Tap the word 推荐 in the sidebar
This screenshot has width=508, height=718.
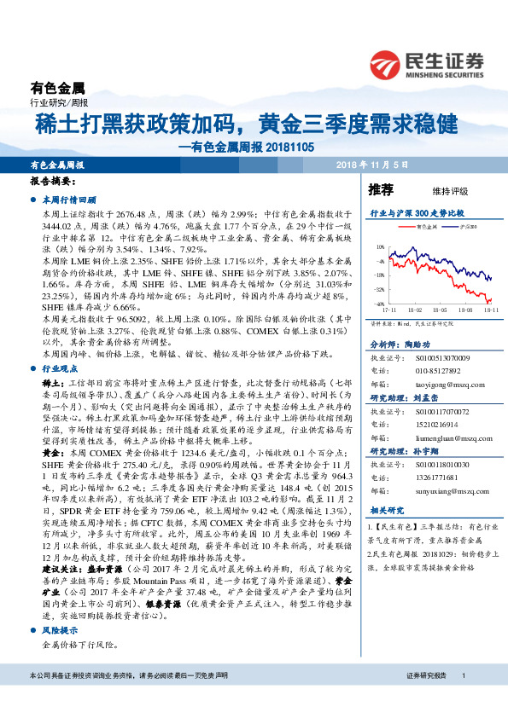(381, 188)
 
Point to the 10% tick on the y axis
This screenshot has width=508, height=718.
(379, 247)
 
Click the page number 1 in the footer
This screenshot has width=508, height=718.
(463, 699)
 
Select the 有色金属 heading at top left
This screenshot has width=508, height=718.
(57, 87)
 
